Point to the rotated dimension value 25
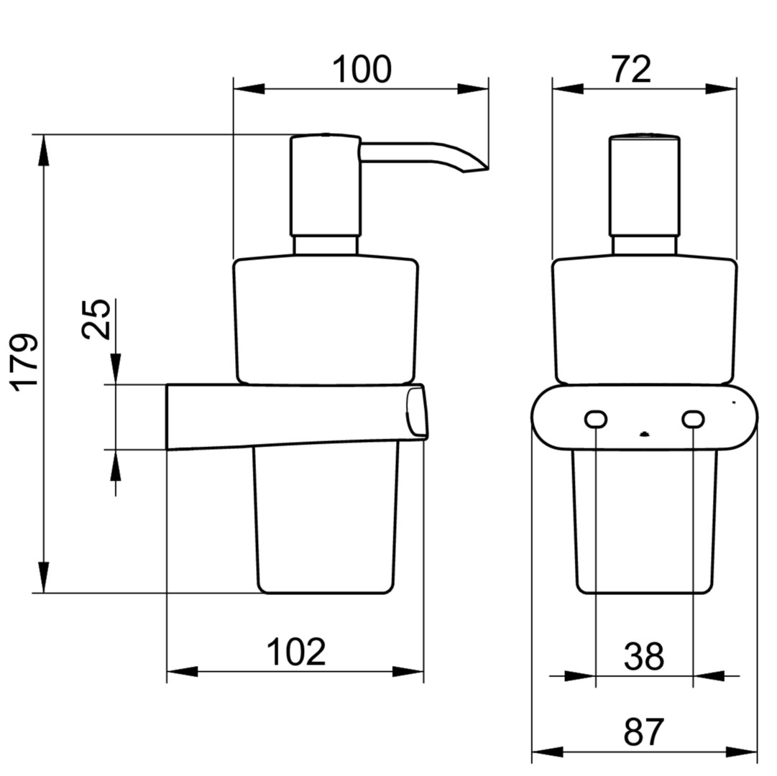pyautogui.click(x=96, y=319)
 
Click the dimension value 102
pyautogui.click(x=296, y=652)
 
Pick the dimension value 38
pyautogui.click(x=644, y=656)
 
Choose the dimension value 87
pyautogui.click(x=644, y=732)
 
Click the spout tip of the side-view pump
pyautogui.click(x=487, y=168)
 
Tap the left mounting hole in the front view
pyautogui.click(x=596, y=420)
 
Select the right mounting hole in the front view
pyautogui.click(x=693, y=420)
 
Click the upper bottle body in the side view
pyautogui.click(x=326, y=320)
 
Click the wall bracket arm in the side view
pyautogui.click(x=296, y=416)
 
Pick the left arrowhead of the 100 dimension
pyautogui.click(x=249, y=89)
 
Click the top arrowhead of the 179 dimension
pyautogui.click(x=44, y=151)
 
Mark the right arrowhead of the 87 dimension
pyautogui.click(x=742, y=752)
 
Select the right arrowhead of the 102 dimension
pyautogui.click(x=408, y=672)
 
